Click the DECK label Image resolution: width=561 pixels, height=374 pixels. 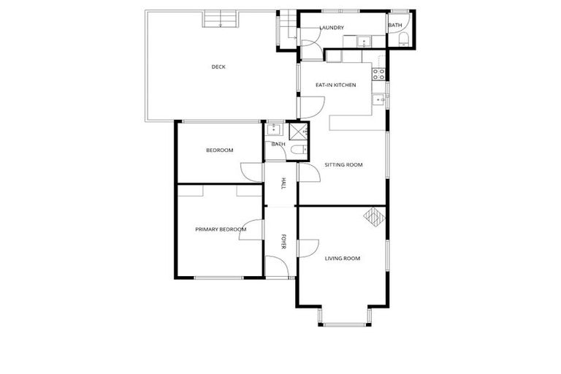[x=218, y=66]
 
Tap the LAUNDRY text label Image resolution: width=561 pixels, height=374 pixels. [x=332, y=28]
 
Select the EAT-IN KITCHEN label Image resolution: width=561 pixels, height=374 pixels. [x=335, y=85]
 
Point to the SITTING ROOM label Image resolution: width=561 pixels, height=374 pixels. [x=343, y=165]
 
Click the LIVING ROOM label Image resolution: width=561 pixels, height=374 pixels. [x=343, y=258]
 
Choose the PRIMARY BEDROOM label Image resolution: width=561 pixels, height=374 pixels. [x=221, y=229]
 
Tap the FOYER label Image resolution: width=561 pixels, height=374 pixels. [x=285, y=242]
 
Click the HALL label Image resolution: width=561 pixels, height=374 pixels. [x=283, y=185]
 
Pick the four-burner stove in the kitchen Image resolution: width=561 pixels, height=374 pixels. [x=379, y=72]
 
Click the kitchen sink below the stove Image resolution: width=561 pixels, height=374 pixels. [x=378, y=99]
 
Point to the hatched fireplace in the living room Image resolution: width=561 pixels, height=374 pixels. [x=374, y=217]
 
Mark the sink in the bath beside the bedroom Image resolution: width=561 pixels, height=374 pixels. [x=273, y=131]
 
